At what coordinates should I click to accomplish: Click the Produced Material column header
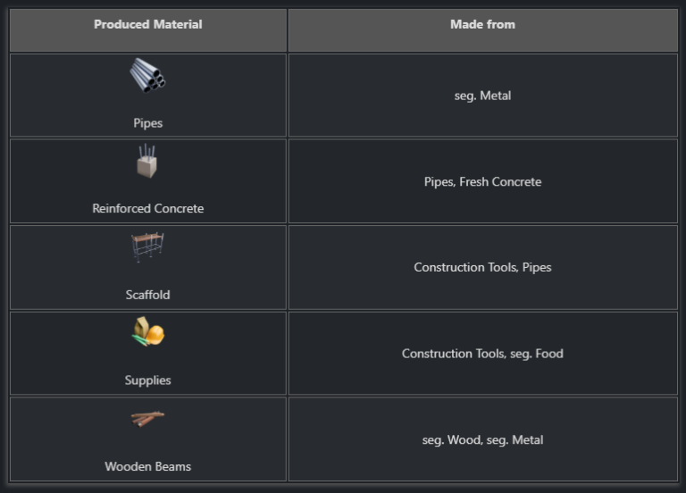tap(147, 25)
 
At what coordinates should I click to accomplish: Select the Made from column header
tap(482, 25)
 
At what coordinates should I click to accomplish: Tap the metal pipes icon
tap(147, 75)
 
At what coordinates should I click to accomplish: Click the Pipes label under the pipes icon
tap(147, 123)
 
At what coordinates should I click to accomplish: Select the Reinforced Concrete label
tap(147, 209)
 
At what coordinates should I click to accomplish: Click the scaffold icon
tap(147, 247)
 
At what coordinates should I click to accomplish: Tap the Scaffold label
tap(147, 295)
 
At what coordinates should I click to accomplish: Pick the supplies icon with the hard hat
tap(148, 333)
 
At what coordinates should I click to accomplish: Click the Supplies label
tap(147, 380)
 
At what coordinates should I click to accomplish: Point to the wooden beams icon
tap(147, 418)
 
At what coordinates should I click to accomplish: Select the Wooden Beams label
tap(147, 466)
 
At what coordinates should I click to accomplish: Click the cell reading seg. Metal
tap(482, 96)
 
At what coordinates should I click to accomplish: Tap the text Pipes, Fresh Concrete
tap(482, 182)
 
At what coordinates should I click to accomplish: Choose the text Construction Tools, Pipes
tap(482, 268)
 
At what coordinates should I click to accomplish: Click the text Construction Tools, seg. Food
tap(482, 354)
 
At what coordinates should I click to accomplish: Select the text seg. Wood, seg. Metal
tap(482, 440)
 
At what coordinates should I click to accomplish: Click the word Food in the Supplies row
tap(548, 354)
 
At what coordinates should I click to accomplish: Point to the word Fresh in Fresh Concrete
tap(474, 182)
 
